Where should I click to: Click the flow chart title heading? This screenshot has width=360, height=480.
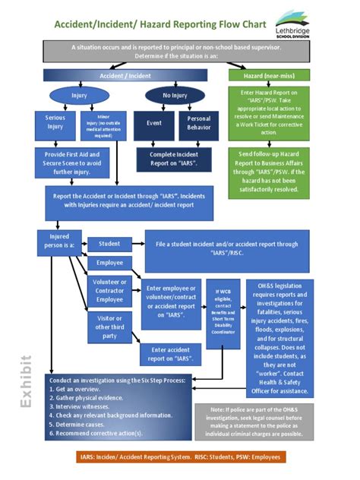(159, 24)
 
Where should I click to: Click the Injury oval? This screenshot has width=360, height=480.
(79, 96)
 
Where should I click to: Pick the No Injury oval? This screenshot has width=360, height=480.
(175, 96)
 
